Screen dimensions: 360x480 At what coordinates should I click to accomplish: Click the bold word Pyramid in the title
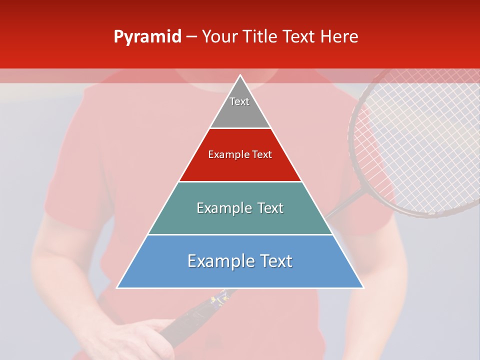(147, 37)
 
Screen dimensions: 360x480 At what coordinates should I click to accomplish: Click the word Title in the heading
(260, 36)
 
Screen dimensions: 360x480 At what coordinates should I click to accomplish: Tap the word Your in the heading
(220, 36)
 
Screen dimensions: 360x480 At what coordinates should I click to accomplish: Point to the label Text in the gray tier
(239, 101)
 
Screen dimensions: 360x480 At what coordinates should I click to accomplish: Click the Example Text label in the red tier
(240, 154)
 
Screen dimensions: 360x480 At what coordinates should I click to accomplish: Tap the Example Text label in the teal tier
(240, 208)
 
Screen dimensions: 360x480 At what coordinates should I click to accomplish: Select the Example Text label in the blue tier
(240, 261)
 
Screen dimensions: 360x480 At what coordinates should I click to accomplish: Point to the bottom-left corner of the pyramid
(117, 287)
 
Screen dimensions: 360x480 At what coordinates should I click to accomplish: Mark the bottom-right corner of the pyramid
(363, 287)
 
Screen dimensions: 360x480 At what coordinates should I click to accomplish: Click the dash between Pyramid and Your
(191, 37)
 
